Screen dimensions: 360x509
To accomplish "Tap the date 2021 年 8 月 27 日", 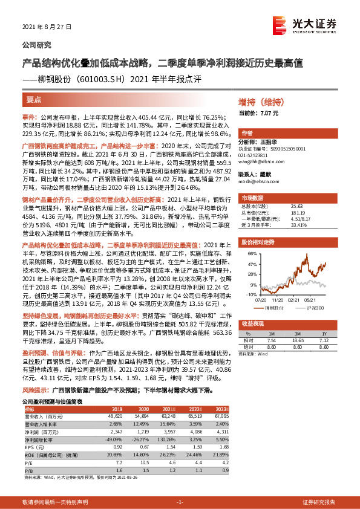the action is point(47,28).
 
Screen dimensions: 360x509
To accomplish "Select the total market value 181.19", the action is point(299,212).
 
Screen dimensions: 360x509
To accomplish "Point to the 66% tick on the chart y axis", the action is point(250,254).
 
